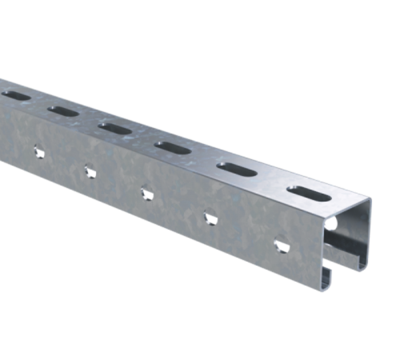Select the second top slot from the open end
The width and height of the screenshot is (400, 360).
click(x=231, y=170)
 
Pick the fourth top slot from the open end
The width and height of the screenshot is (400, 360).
click(x=114, y=126)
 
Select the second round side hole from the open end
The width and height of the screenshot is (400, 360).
click(x=210, y=215)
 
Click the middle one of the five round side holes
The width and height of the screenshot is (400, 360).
click(x=146, y=191)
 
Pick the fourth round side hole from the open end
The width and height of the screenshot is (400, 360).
click(x=89, y=169)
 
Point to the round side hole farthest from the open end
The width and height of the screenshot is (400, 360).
click(x=37, y=150)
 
